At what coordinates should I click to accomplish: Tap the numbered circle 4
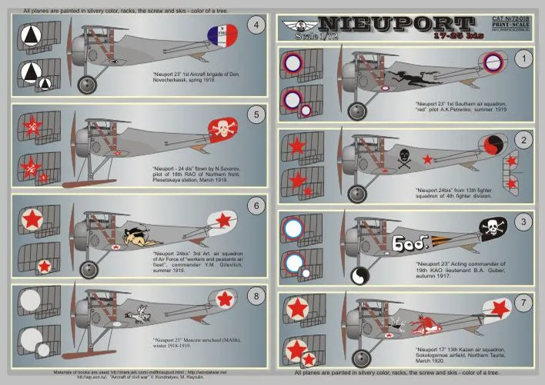[x=257, y=24]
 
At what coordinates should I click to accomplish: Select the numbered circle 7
[x=524, y=304]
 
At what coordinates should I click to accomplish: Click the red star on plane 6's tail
[x=222, y=221]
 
